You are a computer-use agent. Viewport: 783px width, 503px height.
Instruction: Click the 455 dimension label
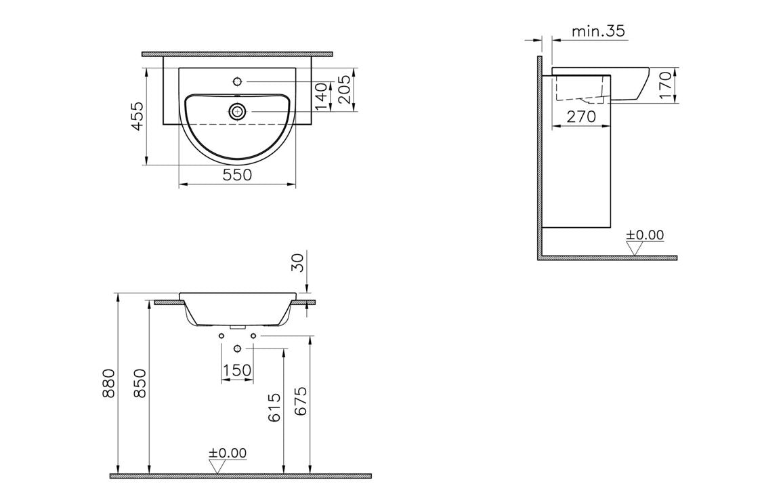(137, 117)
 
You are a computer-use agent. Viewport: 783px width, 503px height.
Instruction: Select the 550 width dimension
(237, 175)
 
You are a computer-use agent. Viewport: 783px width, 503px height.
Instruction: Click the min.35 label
(598, 31)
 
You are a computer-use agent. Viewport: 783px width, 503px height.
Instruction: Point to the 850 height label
(140, 384)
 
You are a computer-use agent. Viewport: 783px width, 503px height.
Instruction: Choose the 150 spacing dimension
(237, 370)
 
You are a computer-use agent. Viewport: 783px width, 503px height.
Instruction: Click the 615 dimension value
(274, 407)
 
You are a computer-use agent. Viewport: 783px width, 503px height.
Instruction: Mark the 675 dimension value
(301, 401)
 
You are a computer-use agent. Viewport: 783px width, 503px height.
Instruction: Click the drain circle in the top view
(237, 111)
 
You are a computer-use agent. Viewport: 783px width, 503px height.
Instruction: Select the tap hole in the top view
(237, 81)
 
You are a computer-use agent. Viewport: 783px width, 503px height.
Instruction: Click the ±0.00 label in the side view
(644, 235)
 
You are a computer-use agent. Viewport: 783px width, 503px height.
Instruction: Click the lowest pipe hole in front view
(237, 348)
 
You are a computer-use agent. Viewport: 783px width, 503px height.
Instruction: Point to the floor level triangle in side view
(634, 249)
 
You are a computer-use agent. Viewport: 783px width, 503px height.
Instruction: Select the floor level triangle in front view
(217, 466)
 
